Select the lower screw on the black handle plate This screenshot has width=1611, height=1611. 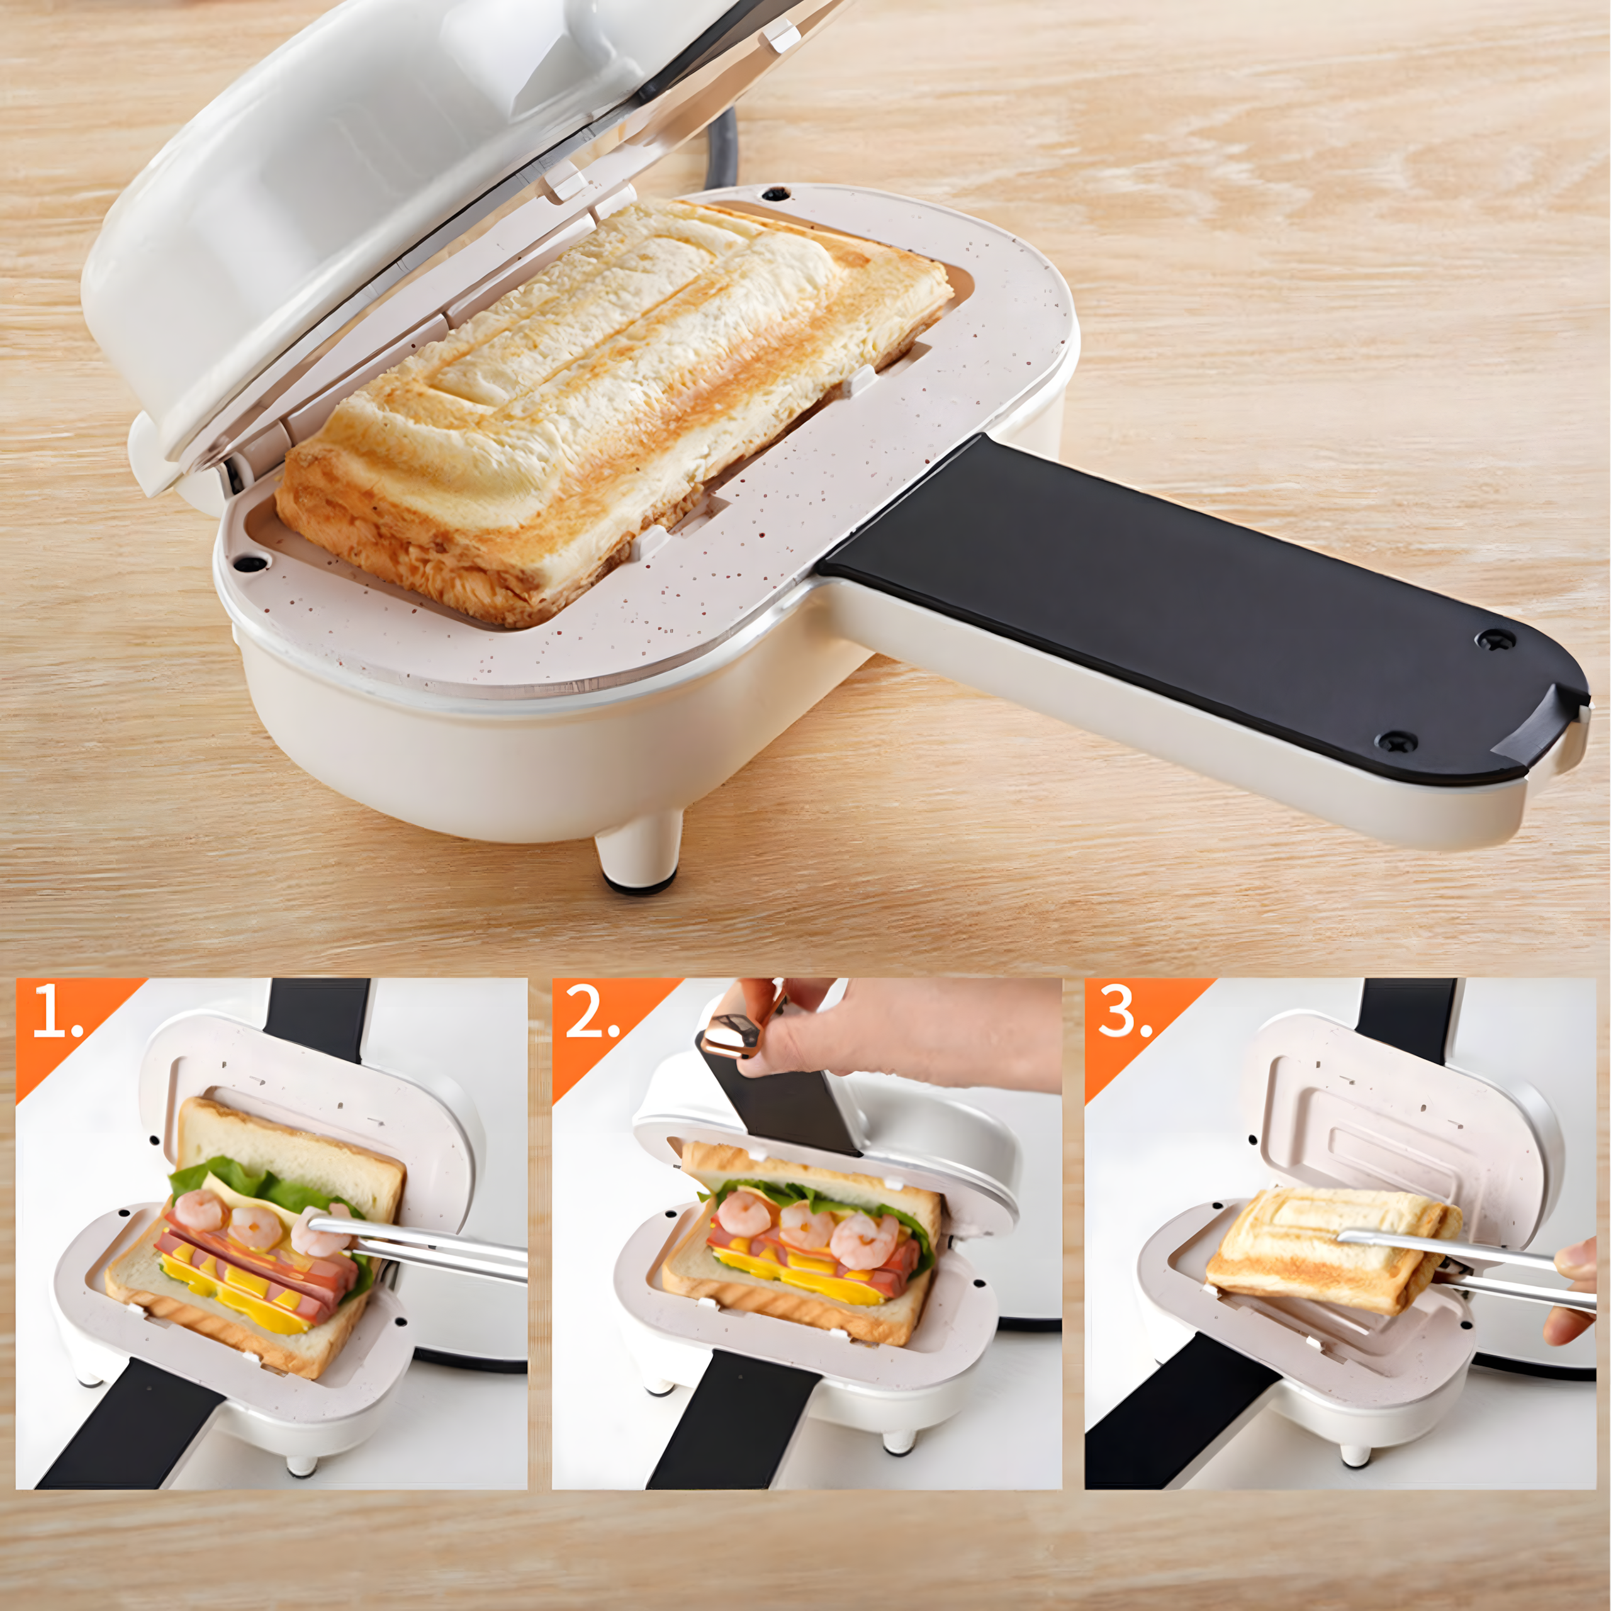point(1390,739)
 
